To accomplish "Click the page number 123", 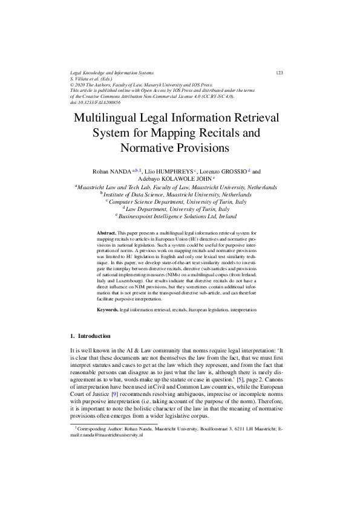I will tap(280, 73).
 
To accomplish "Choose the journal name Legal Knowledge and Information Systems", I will tap(112, 73).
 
